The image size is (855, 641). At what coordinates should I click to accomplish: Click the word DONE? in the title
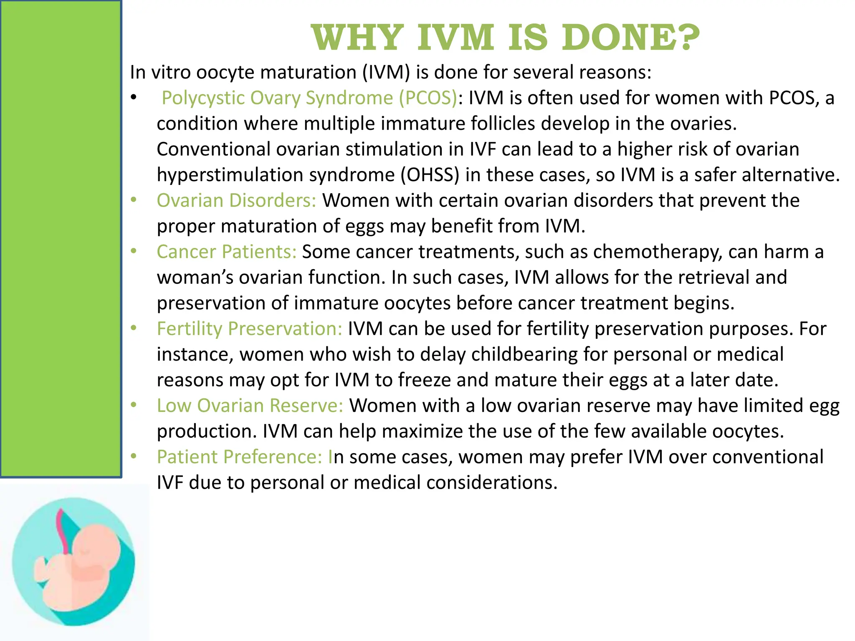(x=630, y=38)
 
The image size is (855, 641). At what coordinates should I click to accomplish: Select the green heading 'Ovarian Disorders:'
(x=236, y=201)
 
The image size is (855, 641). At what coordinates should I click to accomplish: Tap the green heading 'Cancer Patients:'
(x=226, y=252)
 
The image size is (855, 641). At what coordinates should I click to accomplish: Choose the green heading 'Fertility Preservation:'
(x=249, y=329)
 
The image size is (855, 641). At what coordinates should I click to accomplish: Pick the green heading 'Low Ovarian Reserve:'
(x=250, y=406)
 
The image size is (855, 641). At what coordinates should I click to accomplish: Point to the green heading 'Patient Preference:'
(x=239, y=457)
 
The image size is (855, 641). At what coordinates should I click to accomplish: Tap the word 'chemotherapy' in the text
(x=658, y=252)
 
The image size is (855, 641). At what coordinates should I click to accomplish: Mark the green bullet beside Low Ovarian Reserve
(x=134, y=405)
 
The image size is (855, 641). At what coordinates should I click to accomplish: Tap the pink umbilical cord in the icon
(x=65, y=530)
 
